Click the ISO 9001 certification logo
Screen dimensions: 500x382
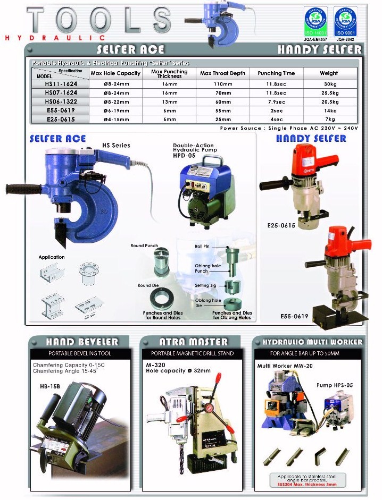click(345, 20)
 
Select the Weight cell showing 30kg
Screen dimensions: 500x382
click(328, 84)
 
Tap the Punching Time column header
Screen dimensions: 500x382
click(276, 73)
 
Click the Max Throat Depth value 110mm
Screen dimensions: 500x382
click(222, 84)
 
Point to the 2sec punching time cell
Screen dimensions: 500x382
click(276, 111)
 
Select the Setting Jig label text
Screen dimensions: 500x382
click(205, 285)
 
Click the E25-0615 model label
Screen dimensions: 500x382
click(280, 225)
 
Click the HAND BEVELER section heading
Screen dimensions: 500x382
click(82, 342)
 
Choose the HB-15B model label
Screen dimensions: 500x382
click(47, 386)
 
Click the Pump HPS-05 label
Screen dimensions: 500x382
click(335, 385)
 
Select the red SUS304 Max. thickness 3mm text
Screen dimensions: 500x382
click(307, 485)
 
